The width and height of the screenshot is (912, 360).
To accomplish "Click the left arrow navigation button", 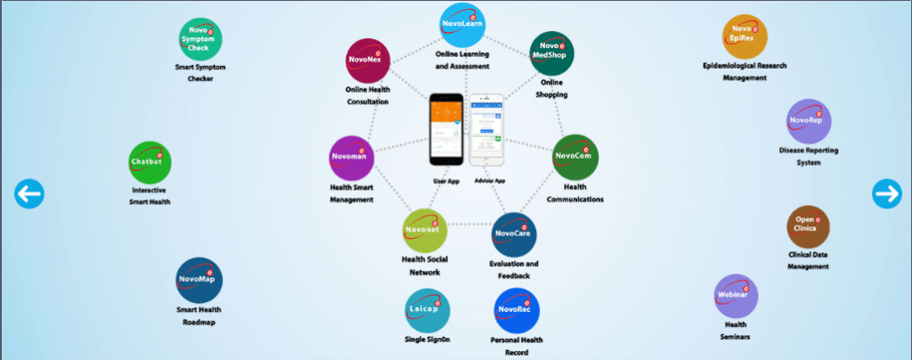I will [28, 192].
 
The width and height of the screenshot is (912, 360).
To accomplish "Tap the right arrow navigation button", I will [886, 192].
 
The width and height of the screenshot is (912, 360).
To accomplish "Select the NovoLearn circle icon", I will [463, 25].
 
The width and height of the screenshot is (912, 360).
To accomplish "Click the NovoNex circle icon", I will [366, 61].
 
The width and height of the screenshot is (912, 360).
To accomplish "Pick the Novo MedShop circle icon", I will [551, 52].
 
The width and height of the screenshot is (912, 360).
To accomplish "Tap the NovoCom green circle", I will [574, 157].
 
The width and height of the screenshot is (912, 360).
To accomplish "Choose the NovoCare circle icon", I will [513, 234].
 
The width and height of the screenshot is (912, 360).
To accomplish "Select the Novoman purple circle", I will [351, 158].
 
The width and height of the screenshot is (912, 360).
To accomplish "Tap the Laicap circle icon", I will [427, 310].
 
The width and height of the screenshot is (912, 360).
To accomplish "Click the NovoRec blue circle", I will [516, 311].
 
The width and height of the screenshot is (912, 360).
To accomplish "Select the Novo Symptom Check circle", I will [200, 40].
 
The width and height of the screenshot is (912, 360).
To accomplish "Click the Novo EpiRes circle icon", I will [745, 37].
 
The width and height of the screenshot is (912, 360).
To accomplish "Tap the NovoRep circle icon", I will [810, 121].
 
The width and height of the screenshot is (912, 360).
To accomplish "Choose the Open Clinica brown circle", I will [809, 227].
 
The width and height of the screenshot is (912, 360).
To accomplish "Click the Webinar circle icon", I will [737, 296].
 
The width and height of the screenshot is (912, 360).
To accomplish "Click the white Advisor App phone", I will [486, 130].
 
